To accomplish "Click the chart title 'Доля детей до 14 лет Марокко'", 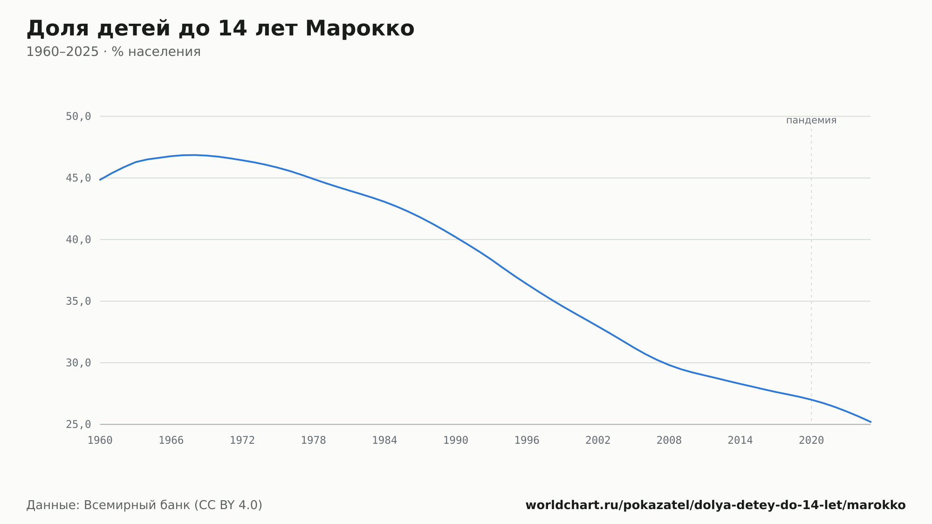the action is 220,29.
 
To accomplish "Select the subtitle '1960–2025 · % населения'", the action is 113,52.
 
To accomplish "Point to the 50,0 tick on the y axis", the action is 78,117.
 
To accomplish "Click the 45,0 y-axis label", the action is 78,178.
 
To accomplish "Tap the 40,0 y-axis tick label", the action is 78,240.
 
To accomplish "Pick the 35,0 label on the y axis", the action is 78,301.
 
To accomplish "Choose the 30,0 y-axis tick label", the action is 78,363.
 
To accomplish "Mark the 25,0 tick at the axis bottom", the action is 78,424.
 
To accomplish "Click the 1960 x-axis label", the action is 100,441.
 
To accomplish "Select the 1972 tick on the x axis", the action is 242,441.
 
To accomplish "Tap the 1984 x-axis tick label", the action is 384,441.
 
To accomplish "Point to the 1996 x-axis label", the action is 527,441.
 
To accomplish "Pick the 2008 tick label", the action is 669,441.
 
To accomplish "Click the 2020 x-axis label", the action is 811,441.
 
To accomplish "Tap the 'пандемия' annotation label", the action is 811,120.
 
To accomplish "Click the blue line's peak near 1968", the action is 195,155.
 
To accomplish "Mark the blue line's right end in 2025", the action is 870,422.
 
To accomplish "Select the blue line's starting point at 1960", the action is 100,179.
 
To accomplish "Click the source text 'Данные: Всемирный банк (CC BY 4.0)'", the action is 144,505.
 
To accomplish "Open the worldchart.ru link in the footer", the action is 715,505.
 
